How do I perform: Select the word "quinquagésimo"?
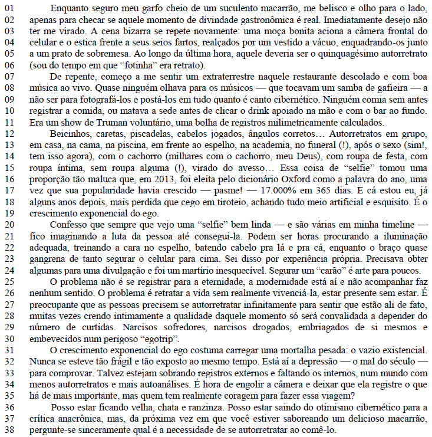tap(346, 54)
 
